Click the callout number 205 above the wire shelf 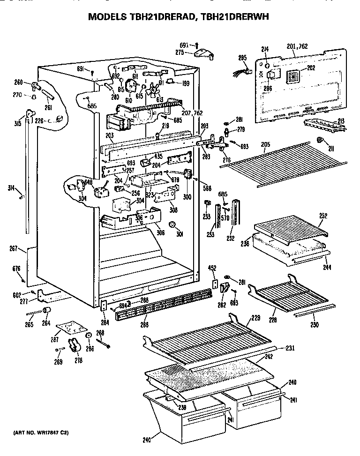pyautogui.click(x=266, y=144)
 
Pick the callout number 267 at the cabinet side pyautogui.click(x=15, y=249)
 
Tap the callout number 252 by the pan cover pyautogui.click(x=322, y=216)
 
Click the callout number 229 pyautogui.click(x=255, y=318)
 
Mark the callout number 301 pyautogui.click(x=179, y=235)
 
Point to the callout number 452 pyautogui.click(x=213, y=269)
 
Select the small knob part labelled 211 pyautogui.click(x=320, y=140)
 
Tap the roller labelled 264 pyautogui.click(x=46, y=312)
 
